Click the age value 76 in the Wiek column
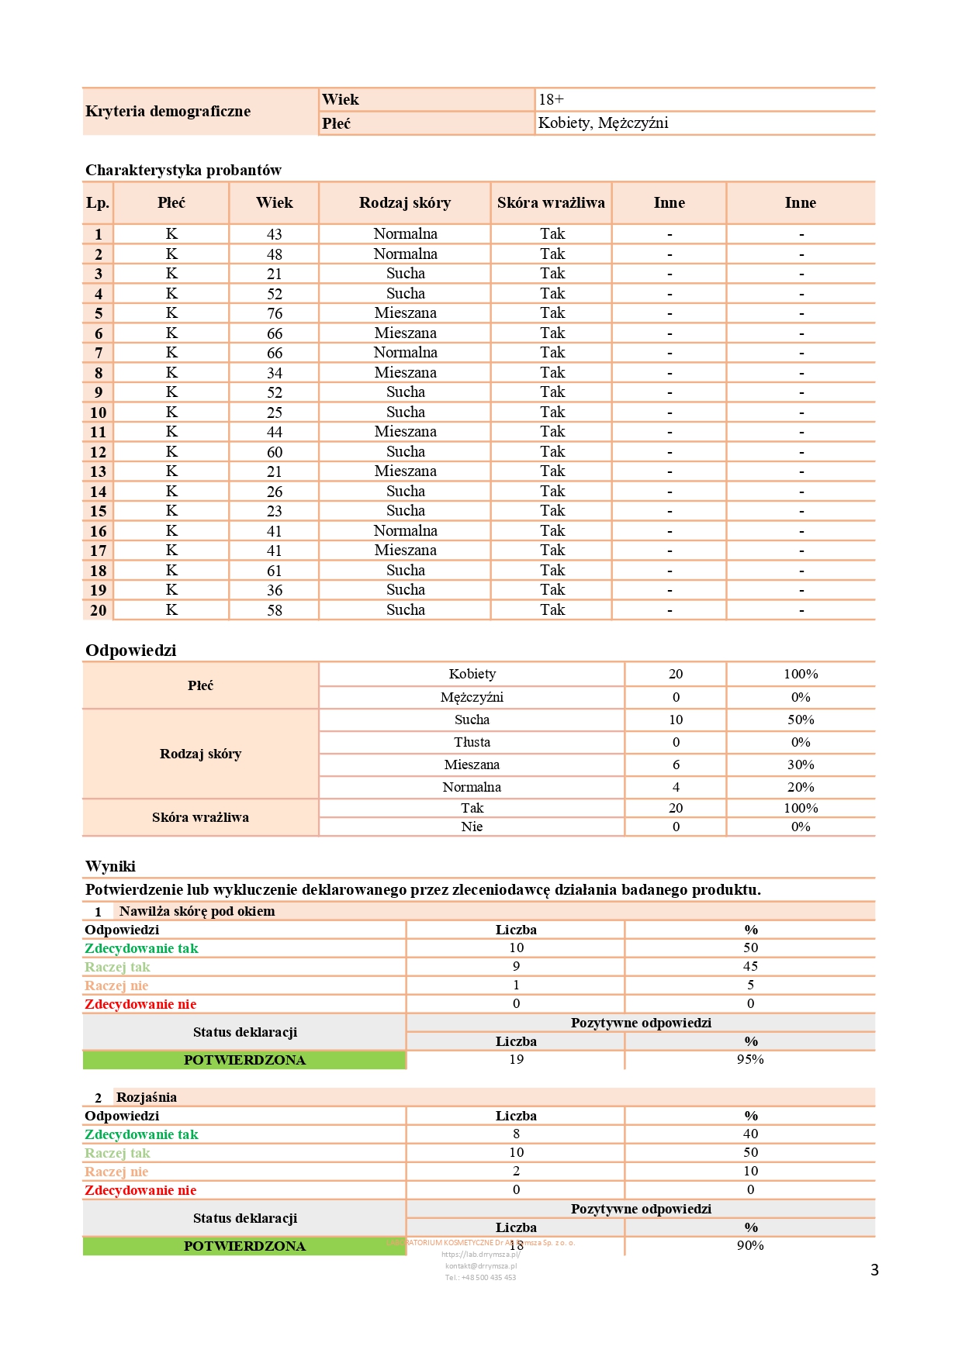275,313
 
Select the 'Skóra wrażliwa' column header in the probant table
551,203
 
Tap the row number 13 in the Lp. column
98,471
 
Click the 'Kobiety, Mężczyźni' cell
603,123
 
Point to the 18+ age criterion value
551,99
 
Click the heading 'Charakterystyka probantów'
183,170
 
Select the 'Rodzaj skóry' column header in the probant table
404,203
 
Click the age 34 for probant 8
275,373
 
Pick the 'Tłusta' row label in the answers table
472,742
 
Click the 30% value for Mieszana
801,765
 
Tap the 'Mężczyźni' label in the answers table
472,697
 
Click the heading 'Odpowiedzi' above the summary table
130,651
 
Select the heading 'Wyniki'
110,866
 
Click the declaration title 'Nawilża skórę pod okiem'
197,911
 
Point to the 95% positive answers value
750,1059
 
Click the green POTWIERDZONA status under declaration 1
244,1060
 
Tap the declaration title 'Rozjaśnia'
147,1097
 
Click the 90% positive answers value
750,1245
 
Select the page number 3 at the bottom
874,1270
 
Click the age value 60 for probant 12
275,452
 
